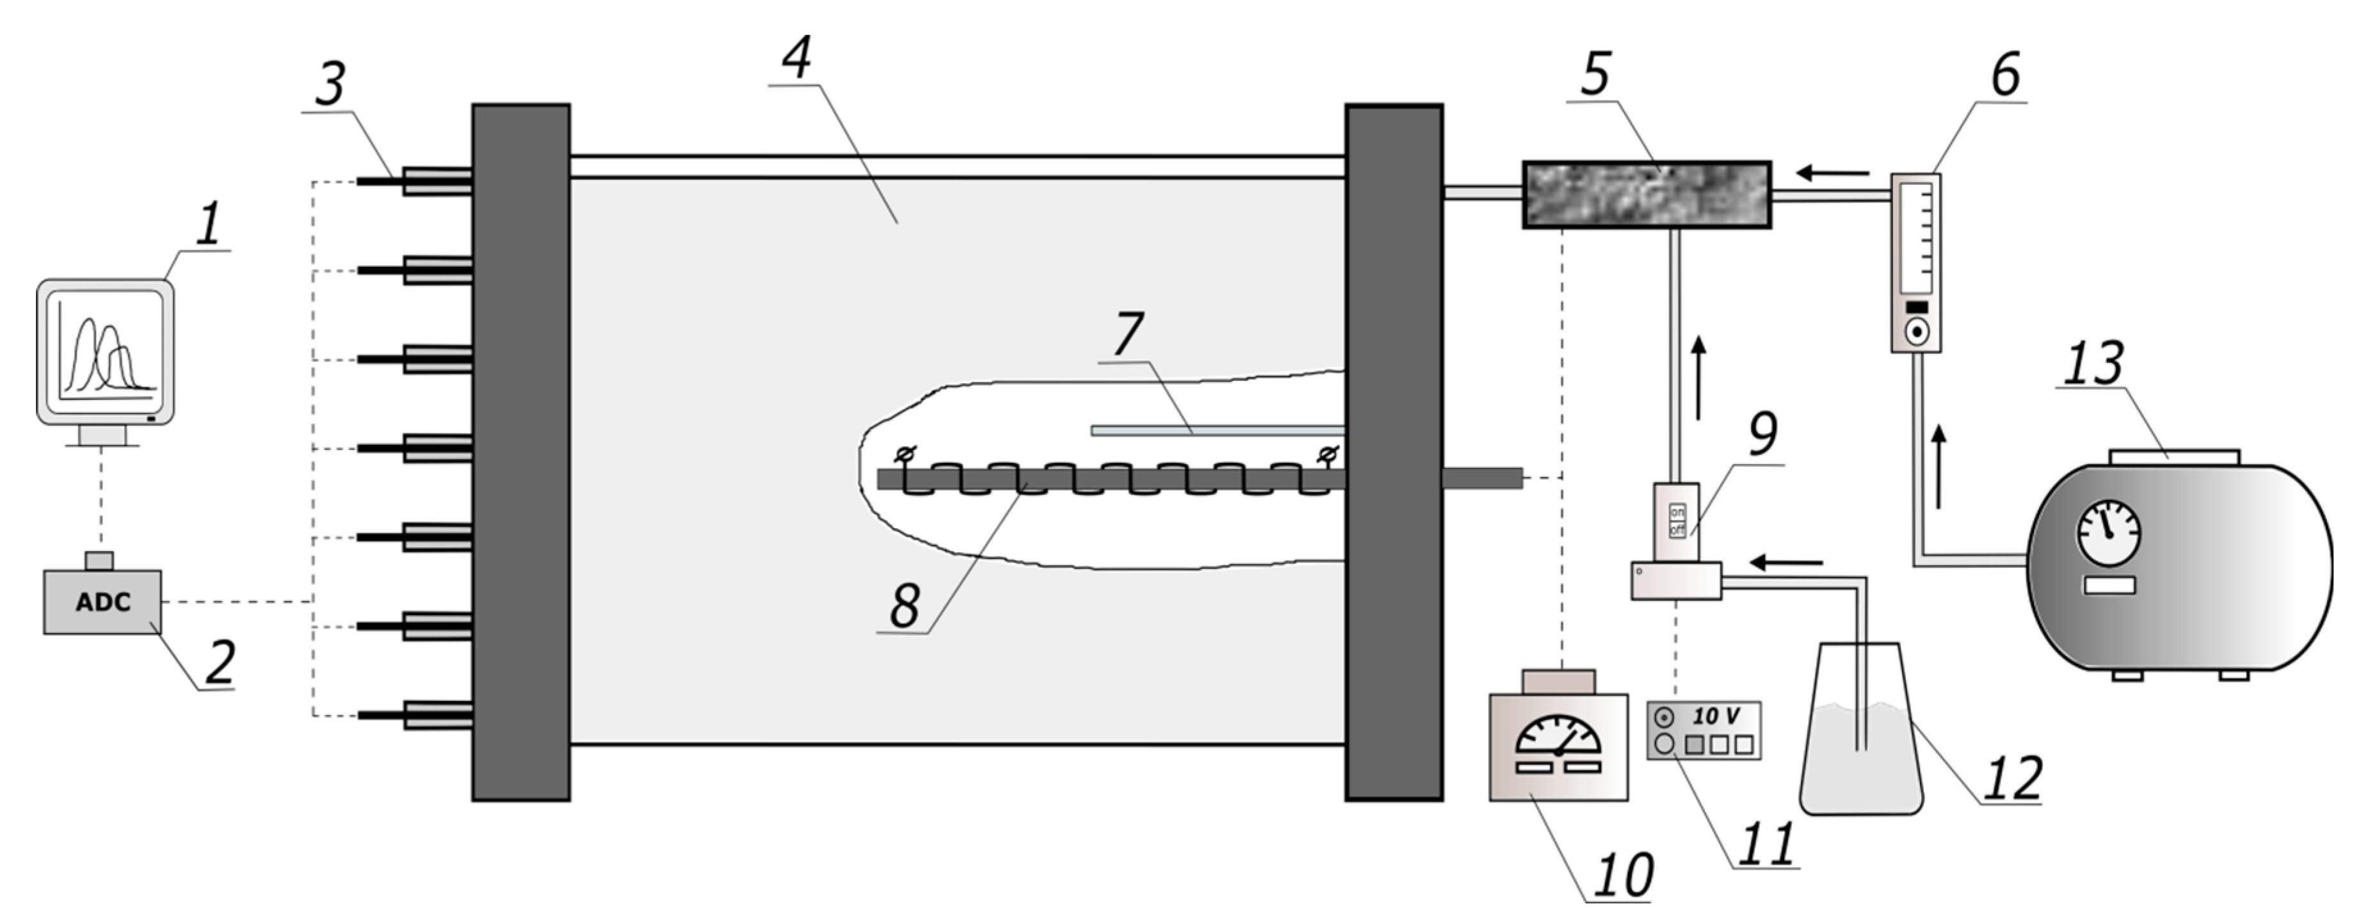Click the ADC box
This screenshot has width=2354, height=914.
click(x=102, y=602)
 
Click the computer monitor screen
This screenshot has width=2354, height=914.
click(x=105, y=350)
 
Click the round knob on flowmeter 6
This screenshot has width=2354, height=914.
click(x=1916, y=331)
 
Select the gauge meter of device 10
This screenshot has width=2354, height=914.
click(x=1558, y=739)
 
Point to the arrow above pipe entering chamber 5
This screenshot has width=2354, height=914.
click(x=1832, y=172)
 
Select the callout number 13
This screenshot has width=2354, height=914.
click(x=2093, y=363)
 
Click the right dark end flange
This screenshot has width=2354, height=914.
click(x=1394, y=453)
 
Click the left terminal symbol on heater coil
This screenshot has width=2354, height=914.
click(x=905, y=453)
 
